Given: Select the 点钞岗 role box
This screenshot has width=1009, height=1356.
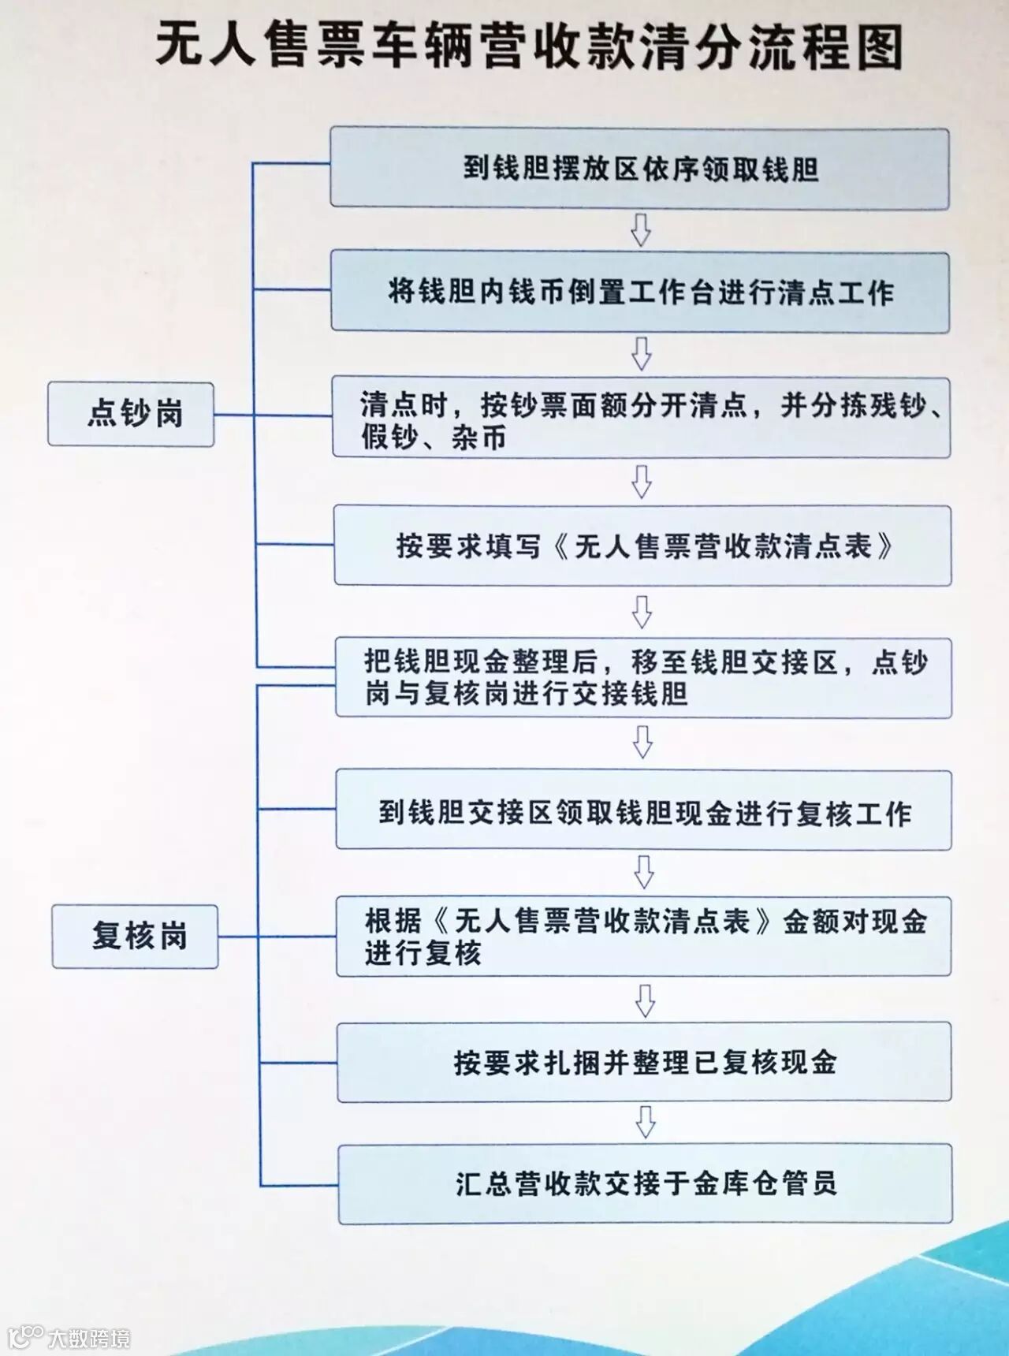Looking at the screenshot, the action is (131, 414).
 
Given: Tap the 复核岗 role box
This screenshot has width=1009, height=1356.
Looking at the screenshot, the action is (135, 936).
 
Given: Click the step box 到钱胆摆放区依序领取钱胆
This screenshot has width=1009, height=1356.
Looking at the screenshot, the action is (639, 169).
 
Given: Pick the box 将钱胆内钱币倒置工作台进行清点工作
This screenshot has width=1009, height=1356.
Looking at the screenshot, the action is (640, 292).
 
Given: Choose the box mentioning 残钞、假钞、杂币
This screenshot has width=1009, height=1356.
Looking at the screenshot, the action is (641, 418).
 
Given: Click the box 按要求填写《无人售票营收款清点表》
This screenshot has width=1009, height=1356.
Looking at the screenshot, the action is (642, 546).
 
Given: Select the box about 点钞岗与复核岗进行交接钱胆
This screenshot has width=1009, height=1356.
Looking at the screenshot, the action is (643, 678).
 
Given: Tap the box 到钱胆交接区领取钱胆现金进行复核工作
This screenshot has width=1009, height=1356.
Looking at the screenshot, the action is (643, 810).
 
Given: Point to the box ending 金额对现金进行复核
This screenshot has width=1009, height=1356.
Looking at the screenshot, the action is (643, 937).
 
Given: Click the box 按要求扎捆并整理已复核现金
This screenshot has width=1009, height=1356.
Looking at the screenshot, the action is (644, 1062).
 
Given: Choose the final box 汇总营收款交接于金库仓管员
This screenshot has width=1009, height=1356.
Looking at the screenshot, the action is (645, 1183).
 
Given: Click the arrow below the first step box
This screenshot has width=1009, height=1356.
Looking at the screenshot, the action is (641, 229).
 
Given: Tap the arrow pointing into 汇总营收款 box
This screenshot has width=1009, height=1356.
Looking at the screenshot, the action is (646, 1123).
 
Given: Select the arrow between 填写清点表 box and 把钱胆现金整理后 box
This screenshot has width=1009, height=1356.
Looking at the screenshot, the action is (642, 611).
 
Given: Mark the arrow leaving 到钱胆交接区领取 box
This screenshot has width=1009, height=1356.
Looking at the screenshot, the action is (644, 872).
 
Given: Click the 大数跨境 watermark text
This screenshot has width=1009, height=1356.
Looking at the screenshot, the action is (88, 1338).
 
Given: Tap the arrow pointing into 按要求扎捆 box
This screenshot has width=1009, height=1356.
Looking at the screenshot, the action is (645, 1000).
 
